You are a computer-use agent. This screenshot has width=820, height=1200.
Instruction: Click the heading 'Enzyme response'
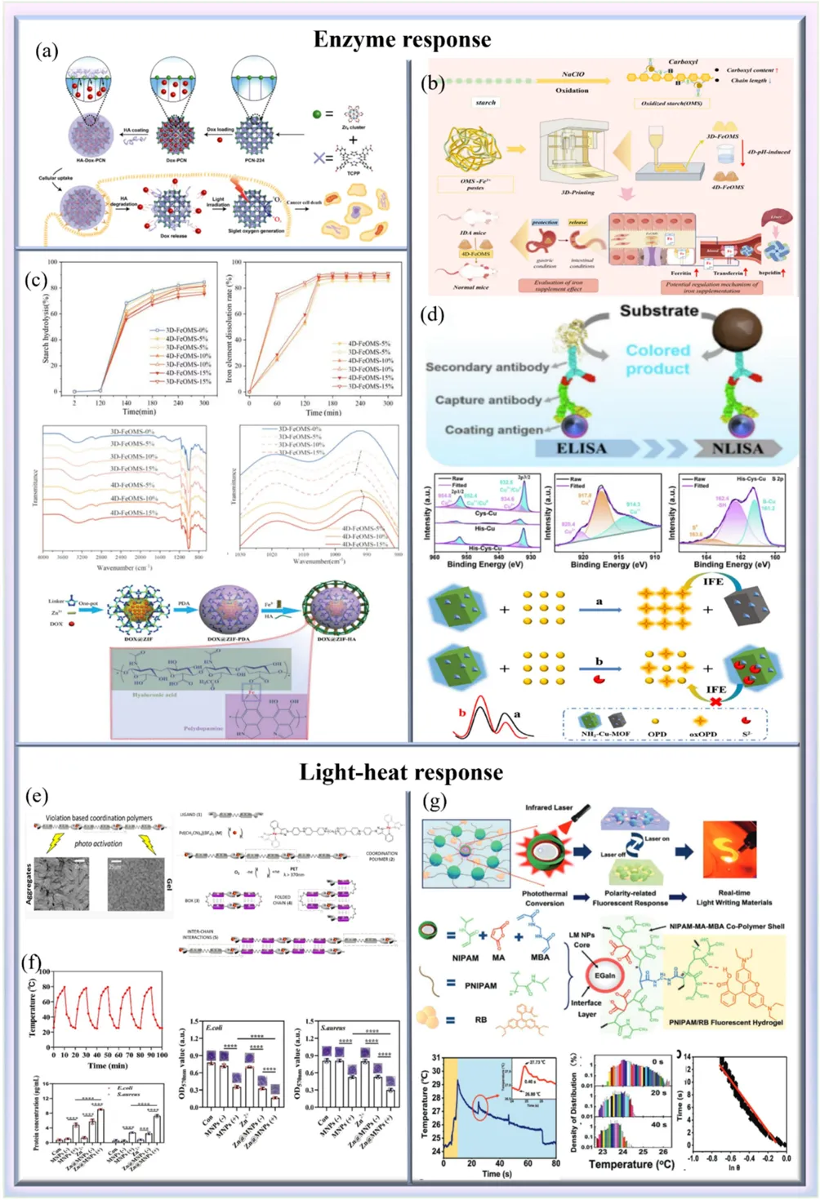coord(402,39)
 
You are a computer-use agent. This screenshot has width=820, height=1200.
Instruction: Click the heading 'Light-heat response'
coord(400,771)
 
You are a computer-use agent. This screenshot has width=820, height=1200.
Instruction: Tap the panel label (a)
coord(47,51)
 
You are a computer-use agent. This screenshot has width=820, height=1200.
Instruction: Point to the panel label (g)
coord(435,801)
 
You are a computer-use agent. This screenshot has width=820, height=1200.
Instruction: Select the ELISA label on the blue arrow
coord(581,448)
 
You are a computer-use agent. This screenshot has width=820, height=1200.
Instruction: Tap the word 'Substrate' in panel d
coord(658,311)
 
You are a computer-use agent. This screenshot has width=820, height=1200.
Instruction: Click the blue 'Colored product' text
coord(657,359)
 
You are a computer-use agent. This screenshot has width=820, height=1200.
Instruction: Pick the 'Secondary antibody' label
coord(487,367)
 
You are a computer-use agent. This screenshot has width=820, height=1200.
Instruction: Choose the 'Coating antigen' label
coord(493,429)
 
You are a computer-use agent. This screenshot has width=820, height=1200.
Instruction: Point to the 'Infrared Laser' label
coord(549,807)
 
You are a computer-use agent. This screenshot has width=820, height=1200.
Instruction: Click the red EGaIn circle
coord(604,976)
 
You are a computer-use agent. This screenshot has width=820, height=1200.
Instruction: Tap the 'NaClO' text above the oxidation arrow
coord(573,74)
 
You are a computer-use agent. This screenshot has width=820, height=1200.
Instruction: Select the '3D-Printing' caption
coord(577,193)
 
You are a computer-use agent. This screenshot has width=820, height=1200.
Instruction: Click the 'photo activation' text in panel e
coord(98,844)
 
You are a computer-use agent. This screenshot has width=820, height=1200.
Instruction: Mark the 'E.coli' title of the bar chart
coord(214,1028)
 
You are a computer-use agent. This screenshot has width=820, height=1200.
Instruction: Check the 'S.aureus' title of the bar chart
coord(333,1028)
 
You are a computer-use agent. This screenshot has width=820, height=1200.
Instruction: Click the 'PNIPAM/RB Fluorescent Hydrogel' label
coord(725,1022)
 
